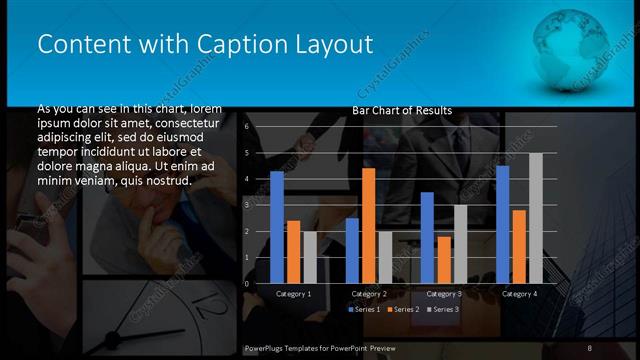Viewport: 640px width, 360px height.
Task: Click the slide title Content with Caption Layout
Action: click(204, 45)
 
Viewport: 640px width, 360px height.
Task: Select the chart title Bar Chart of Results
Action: click(402, 110)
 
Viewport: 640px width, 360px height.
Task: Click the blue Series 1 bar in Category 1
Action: click(277, 227)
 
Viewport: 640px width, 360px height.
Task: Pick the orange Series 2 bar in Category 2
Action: click(368, 225)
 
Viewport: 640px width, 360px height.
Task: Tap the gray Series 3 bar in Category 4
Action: click(535, 218)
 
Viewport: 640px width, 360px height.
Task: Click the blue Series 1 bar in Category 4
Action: click(502, 224)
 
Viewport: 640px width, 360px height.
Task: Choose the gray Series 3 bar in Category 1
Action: click(309, 257)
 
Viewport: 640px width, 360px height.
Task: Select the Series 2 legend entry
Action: click(402, 309)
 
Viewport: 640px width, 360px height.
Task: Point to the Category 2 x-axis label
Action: click(369, 294)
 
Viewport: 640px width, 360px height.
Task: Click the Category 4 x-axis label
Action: click(519, 294)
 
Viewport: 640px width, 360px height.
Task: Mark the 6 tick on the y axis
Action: click(246, 128)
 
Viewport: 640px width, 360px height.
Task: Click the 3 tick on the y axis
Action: click(246, 205)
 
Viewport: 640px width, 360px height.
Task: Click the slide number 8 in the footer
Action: click(590, 347)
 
